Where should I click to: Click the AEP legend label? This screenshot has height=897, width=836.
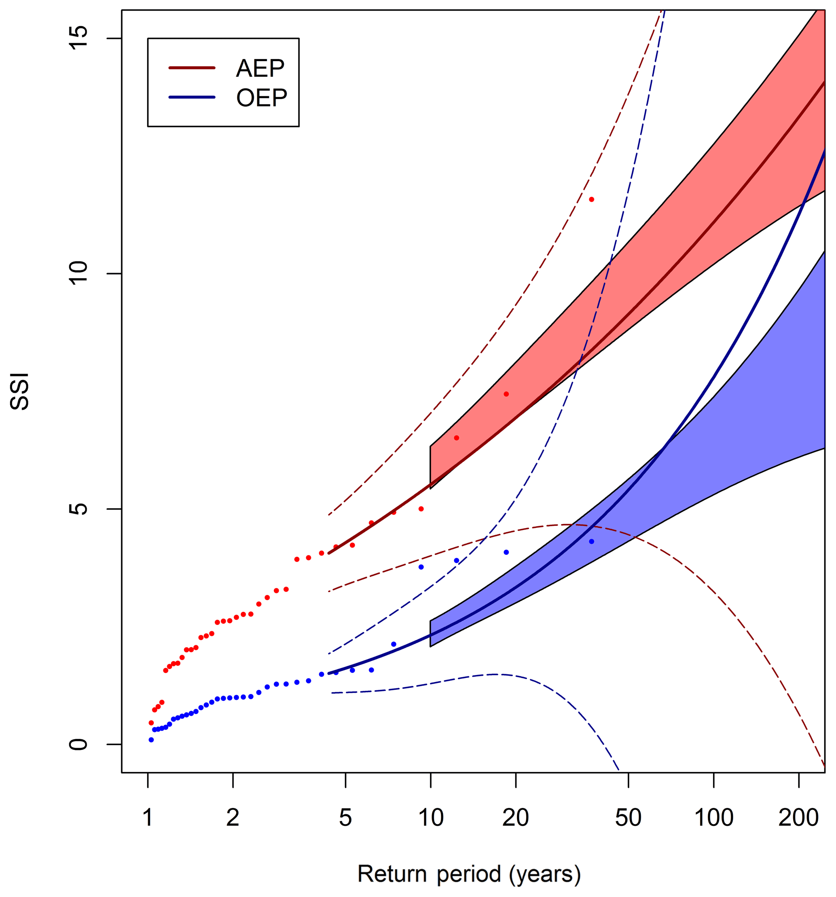point(260,69)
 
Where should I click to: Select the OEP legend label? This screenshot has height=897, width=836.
point(261,98)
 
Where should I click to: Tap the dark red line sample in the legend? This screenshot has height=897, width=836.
point(192,68)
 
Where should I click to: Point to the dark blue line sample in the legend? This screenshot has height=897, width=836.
point(192,97)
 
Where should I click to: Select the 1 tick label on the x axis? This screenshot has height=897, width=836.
point(148,818)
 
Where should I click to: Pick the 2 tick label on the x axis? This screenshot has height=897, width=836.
point(232,818)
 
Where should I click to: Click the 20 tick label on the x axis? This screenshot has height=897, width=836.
point(515,818)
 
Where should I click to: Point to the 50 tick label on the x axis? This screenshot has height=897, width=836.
point(628,818)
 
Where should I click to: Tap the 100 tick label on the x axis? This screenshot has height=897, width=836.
point(713,818)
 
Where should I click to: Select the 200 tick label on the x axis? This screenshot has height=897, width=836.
point(798,818)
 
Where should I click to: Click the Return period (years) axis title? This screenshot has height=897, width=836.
point(469,874)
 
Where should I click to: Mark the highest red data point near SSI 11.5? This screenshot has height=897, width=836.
point(591,199)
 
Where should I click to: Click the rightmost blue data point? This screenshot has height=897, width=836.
point(591,542)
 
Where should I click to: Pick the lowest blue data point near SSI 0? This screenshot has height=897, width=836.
point(151,740)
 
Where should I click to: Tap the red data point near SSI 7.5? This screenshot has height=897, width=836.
point(506,394)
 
